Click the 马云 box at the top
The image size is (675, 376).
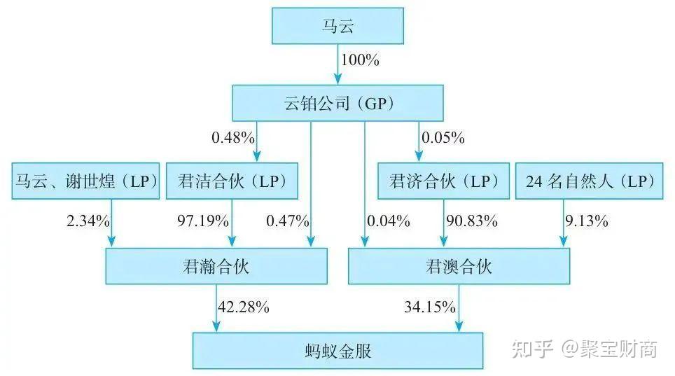tap(337, 27)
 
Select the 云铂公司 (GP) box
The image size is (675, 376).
tap(338, 104)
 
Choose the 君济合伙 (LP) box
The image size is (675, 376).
tap(443, 182)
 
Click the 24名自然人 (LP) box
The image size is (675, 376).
tap(589, 182)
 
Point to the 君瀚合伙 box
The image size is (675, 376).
tap(216, 266)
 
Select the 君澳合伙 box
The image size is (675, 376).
tap(459, 266)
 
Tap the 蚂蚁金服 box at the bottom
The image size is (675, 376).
tap(338, 350)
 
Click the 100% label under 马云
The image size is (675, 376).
tap(360, 60)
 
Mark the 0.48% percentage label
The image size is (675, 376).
tap(233, 138)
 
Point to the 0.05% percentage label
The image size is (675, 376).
tap(443, 138)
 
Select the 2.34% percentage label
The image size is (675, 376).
tap(87, 222)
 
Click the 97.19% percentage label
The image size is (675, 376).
tap(203, 222)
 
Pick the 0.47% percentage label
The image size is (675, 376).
tap(287, 222)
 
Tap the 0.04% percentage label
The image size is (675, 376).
tap(388, 222)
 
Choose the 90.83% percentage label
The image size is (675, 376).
tap(472, 222)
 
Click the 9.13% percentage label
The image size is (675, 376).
tap(586, 222)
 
